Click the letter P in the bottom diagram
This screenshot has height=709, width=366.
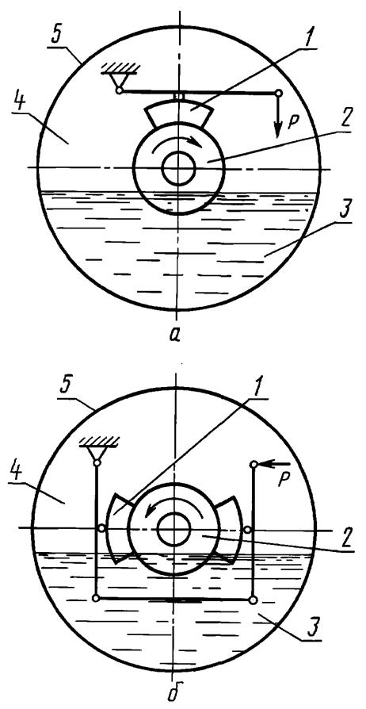[283, 481]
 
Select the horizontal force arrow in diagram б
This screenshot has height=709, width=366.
[273, 464]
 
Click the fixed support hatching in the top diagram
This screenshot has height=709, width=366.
[120, 67]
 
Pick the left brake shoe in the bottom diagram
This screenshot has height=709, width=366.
[118, 528]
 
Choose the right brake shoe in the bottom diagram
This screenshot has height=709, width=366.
[229, 528]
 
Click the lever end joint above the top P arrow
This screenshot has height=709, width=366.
[278, 93]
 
